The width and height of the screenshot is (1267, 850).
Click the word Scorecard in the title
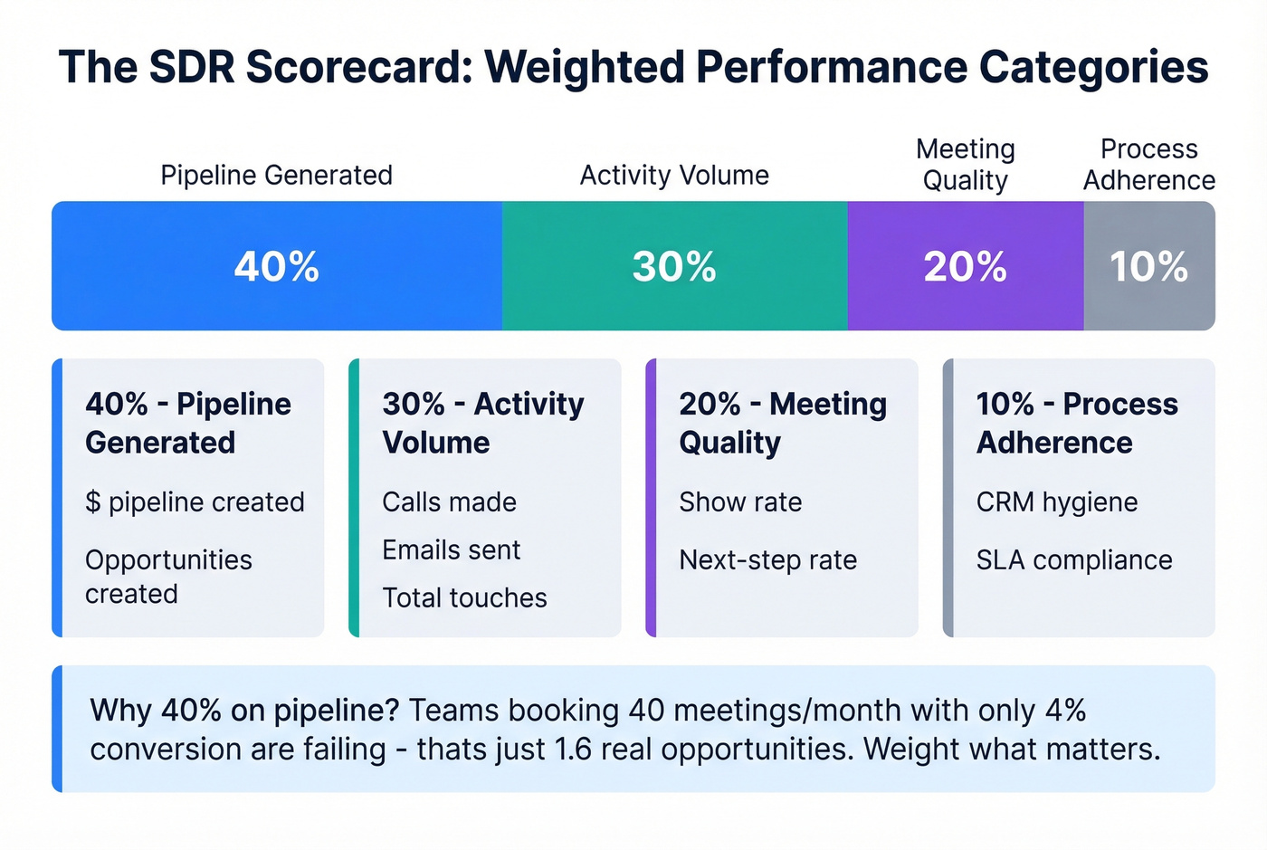(358, 67)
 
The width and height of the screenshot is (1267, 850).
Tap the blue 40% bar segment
(277, 266)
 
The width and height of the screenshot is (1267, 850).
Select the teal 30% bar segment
(674, 266)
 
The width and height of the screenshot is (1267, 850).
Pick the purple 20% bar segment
(965, 266)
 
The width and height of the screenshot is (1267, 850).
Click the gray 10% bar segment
(1148, 266)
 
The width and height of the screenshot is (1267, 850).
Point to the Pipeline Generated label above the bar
(277, 175)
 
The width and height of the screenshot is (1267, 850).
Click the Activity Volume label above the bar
(674, 175)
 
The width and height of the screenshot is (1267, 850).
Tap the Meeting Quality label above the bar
(965, 164)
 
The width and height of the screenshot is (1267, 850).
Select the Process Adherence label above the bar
(1148, 164)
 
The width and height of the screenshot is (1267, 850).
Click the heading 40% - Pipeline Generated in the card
(188, 423)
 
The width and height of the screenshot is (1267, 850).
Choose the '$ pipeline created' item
(195, 501)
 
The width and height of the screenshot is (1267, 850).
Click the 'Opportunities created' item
(168, 577)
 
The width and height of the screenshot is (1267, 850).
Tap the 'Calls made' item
(449, 501)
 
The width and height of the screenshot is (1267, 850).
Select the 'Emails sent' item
(451, 549)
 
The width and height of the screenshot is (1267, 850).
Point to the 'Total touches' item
(464, 597)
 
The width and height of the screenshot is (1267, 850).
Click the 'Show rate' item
(740, 501)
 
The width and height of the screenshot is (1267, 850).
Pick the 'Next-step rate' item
(767, 559)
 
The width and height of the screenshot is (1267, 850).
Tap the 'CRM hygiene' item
(1056, 501)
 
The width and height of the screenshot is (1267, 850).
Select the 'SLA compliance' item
(1073, 559)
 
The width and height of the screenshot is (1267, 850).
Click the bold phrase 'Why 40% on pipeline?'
(244, 710)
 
